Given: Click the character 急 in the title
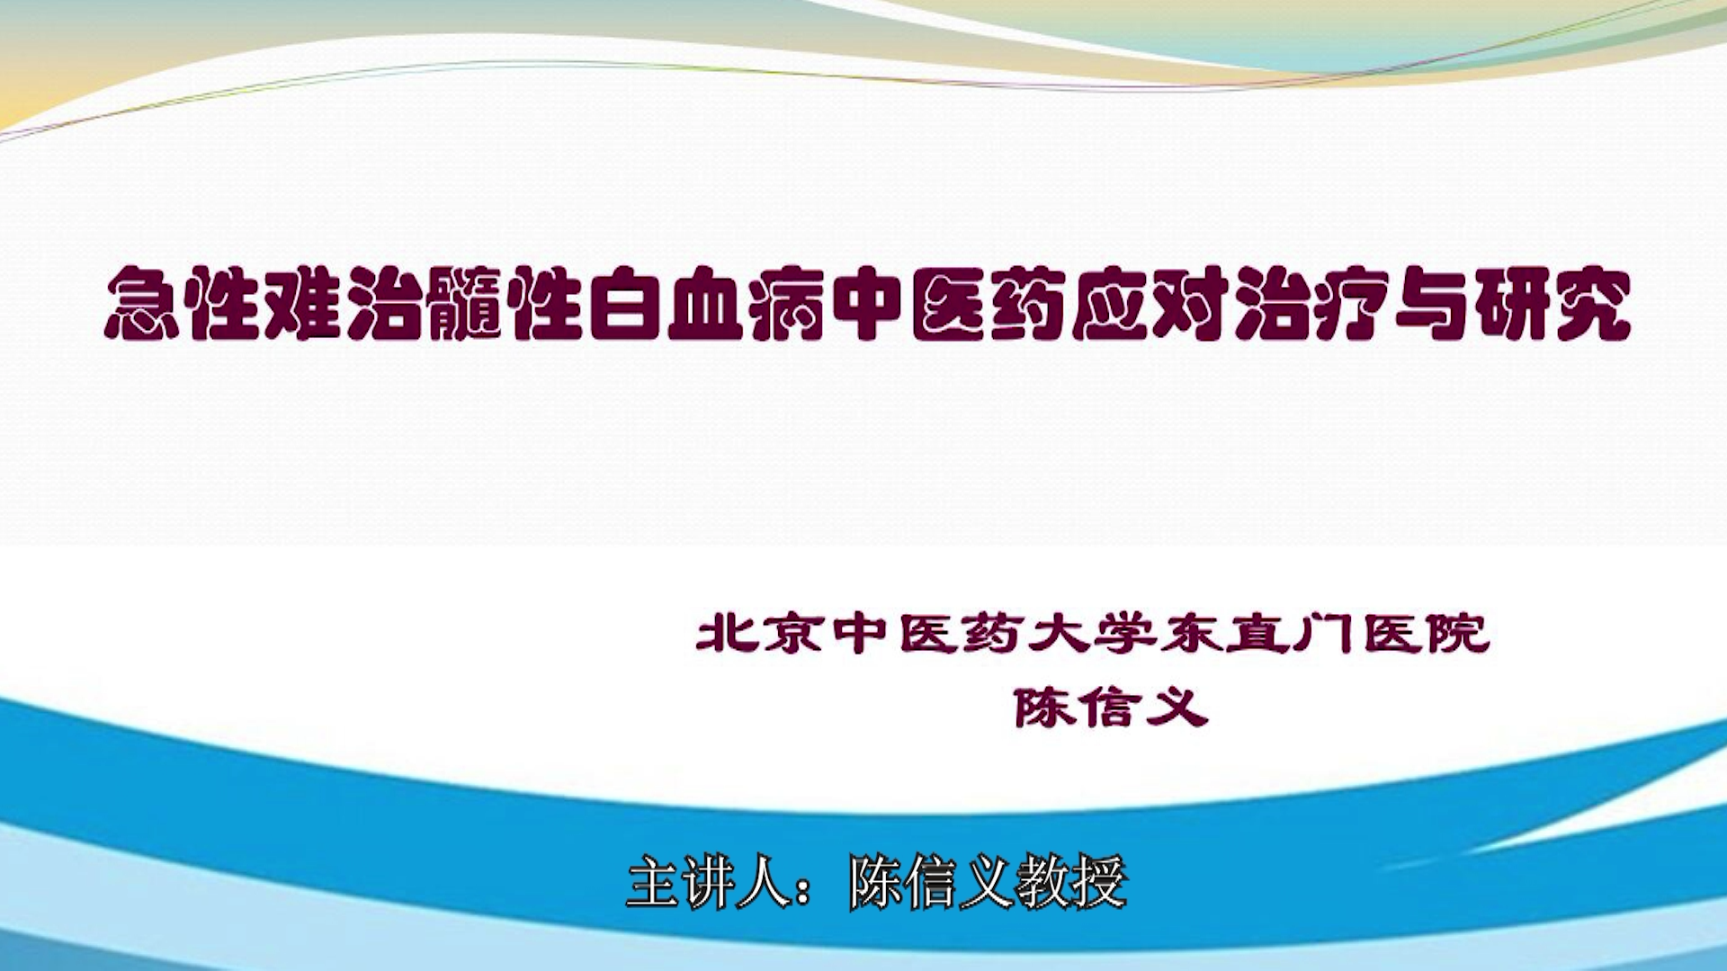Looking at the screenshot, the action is (x=142, y=304).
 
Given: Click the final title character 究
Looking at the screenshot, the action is (x=1591, y=304).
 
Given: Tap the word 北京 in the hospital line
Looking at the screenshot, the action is (x=760, y=634).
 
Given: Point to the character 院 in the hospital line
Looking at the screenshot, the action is (x=1457, y=634).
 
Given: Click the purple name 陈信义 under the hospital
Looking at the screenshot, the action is (x=1111, y=708).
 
